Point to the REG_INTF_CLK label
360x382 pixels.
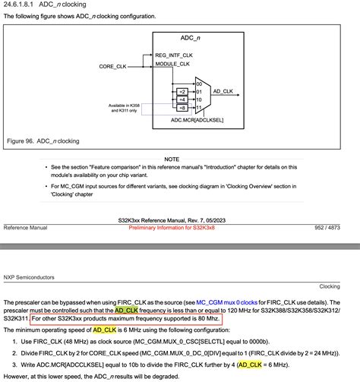[175, 55]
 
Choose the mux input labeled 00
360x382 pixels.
[199, 83]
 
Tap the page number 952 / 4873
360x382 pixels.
[335, 228]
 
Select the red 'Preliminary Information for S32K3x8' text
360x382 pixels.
[182, 228]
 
